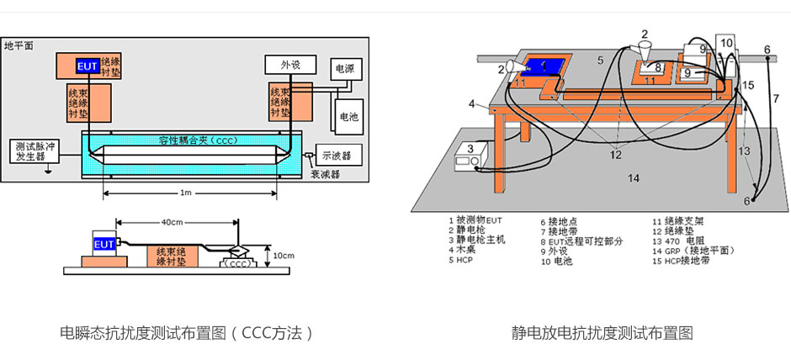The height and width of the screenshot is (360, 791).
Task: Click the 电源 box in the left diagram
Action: [x=344, y=69]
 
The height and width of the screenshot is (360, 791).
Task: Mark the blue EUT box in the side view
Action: [x=104, y=245]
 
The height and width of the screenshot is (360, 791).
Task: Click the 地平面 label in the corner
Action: [x=19, y=45]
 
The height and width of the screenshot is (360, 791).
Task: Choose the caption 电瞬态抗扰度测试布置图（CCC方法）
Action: [x=186, y=333]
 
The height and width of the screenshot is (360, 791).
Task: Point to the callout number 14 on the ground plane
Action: [x=634, y=177]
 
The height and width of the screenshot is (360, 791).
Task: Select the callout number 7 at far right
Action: [x=775, y=98]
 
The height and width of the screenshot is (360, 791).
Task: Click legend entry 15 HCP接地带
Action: [x=682, y=261]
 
